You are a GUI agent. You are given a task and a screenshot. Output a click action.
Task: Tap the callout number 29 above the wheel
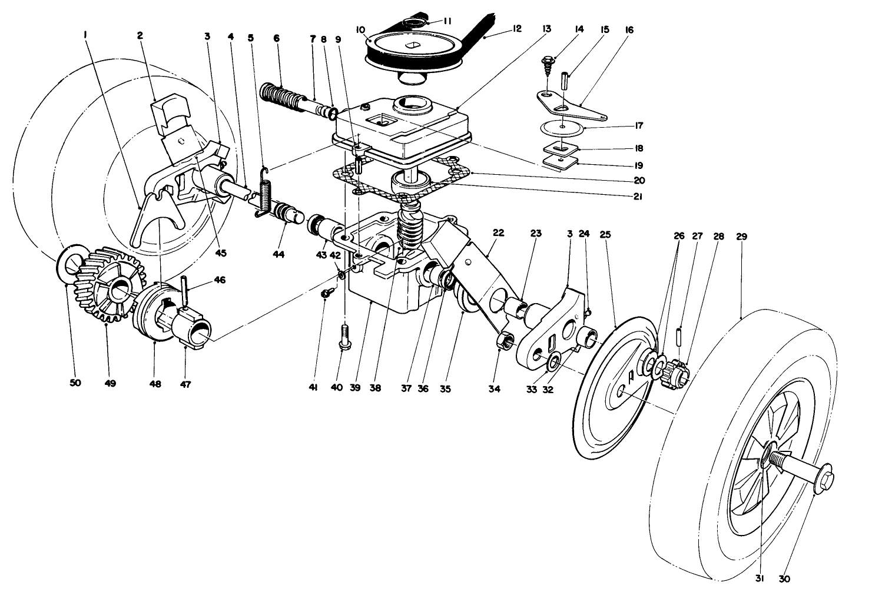[741, 236]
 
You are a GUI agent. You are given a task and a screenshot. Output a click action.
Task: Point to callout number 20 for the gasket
[639, 180]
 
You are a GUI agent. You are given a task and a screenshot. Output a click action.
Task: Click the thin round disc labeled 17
[562, 127]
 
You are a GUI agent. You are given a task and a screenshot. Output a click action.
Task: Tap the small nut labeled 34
[505, 340]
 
